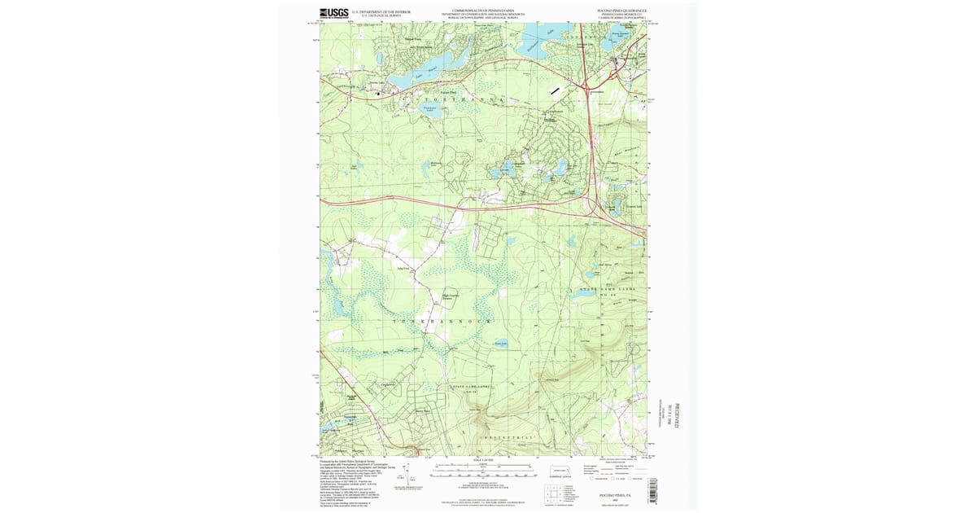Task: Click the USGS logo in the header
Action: [x=334, y=13]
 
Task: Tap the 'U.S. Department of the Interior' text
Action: [x=386, y=11]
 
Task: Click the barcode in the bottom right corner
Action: [x=651, y=492]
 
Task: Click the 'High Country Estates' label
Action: [x=449, y=297]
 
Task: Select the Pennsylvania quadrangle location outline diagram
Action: [x=560, y=470]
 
